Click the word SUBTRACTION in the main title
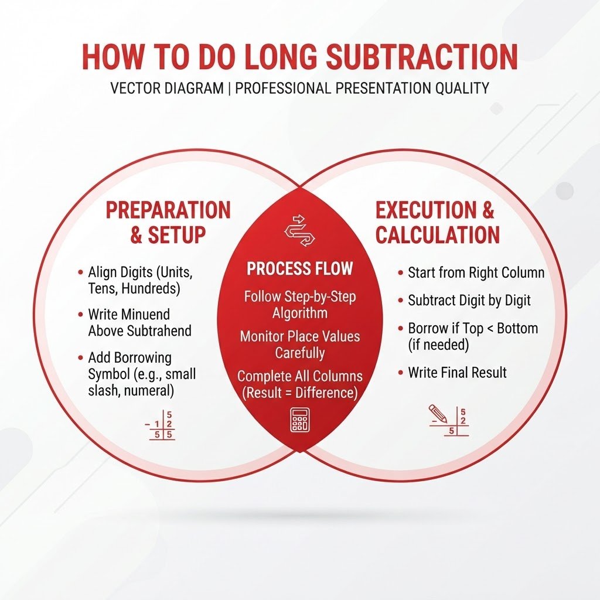[421, 57]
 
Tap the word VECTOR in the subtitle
[134, 88]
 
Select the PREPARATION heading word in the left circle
[168, 210]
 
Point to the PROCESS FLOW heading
[299, 268]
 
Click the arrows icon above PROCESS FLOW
[299, 231]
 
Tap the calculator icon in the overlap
[299, 420]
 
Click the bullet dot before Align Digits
[80, 272]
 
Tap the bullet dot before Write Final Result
[401, 372]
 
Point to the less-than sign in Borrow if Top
[490, 329]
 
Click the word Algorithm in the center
[299, 313]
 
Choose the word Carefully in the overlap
[299, 353]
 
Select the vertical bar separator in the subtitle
[229, 88]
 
